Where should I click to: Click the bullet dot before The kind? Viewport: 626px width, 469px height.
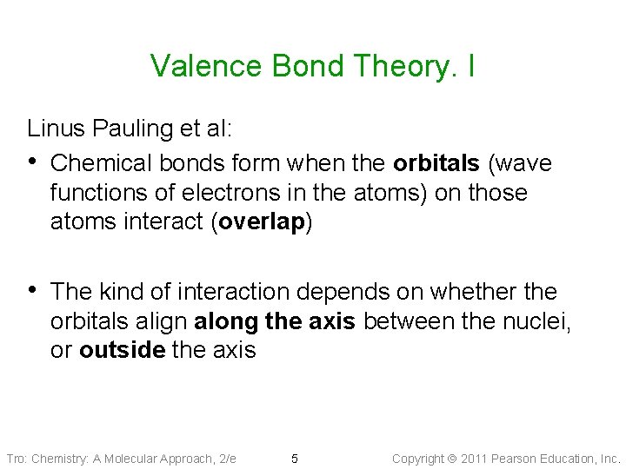pyautogui.click(x=34, y=292)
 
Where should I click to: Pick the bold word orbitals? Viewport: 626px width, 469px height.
pyautogui.click(x=436, y=163)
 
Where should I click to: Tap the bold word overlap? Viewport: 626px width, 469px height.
pyautogui.click(x=262, y=221)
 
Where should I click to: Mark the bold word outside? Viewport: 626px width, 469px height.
pyautogui.click(x=122, y=350)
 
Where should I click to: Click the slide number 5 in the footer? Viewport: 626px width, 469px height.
pyautogui.click(x=295, y=459)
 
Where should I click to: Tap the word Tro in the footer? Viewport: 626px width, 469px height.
pyautogui.click(x=16, y=459)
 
